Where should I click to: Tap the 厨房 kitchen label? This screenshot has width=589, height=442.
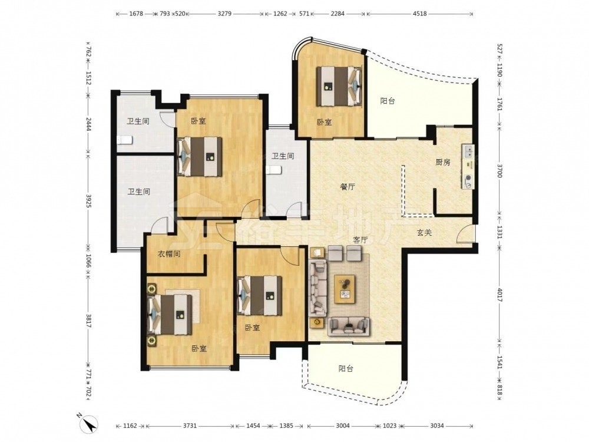pos(442,163)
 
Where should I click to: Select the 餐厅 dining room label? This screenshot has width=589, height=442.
pos(348,187)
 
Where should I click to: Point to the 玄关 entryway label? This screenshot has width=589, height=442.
pos(424,233)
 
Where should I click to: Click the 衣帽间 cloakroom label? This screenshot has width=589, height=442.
pos(168,254)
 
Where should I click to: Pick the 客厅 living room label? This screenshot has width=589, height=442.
pos(360,240)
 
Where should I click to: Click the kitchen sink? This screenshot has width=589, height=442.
pos(468,151)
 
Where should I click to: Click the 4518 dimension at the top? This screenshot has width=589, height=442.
pos(419,14)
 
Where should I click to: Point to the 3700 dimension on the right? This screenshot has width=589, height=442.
pos(499,170)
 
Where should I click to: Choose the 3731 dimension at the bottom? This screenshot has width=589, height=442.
pos(190,426)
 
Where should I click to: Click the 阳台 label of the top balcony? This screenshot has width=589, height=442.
pos(388,101)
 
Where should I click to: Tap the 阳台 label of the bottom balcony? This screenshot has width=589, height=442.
pos(346,369)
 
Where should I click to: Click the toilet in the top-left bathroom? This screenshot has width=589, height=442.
pos(125,141)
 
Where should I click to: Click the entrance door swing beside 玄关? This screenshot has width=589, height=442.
pos(465,233)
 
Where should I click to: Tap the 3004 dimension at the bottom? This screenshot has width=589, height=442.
pos(343,426)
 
